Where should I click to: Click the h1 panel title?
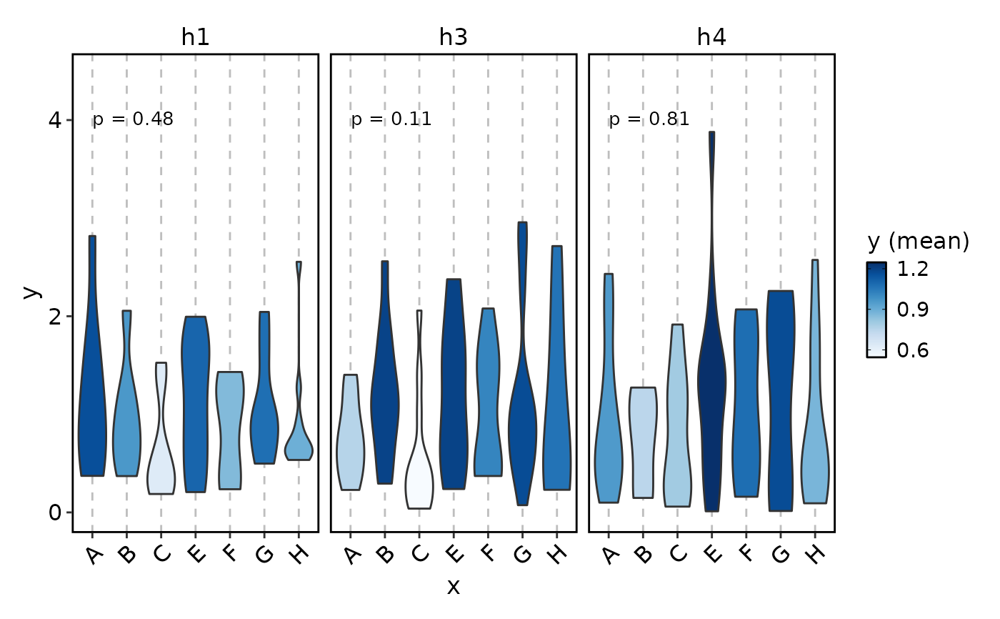[x=195, y=37]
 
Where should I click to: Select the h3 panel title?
[x=454, y=37]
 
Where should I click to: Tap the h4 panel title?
[x=711, y=37]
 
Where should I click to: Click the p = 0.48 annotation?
[x=134, y=119]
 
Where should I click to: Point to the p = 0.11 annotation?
[x=391, y=119]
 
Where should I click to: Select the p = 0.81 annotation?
[x=649, y=119]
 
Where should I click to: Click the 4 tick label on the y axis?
[x=55, y=120]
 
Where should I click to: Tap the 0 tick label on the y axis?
[x=55, y=512]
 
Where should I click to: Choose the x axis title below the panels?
[x=454, y=588]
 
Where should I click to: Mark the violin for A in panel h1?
[x=92, y=400]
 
